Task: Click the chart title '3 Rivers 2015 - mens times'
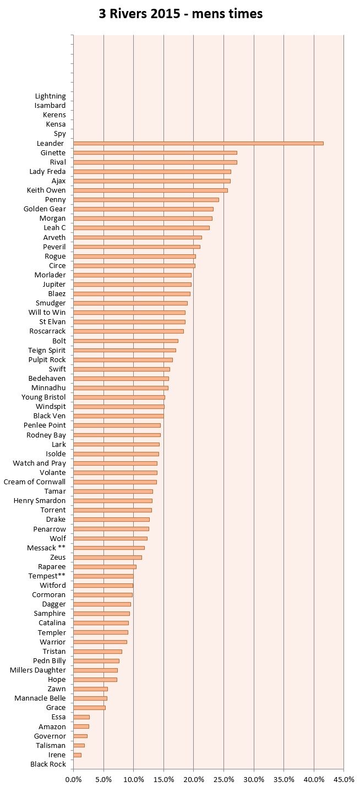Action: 181,14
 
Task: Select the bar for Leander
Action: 198,143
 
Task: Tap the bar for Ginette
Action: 155,153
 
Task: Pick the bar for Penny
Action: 146,200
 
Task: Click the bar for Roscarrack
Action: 128,331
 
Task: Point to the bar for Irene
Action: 78,755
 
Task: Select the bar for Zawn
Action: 90,689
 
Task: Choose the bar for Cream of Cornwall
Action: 115,482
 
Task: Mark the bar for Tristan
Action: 98,652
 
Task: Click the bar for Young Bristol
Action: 119,397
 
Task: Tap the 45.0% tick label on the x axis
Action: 344,779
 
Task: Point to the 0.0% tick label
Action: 73,779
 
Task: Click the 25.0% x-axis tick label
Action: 224,779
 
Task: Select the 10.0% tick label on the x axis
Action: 134,779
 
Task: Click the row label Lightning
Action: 50,96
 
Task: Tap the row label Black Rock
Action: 48,764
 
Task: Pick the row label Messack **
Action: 46,548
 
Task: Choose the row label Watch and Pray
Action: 40,463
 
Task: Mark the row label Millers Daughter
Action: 38,670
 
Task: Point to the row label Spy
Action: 60,134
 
